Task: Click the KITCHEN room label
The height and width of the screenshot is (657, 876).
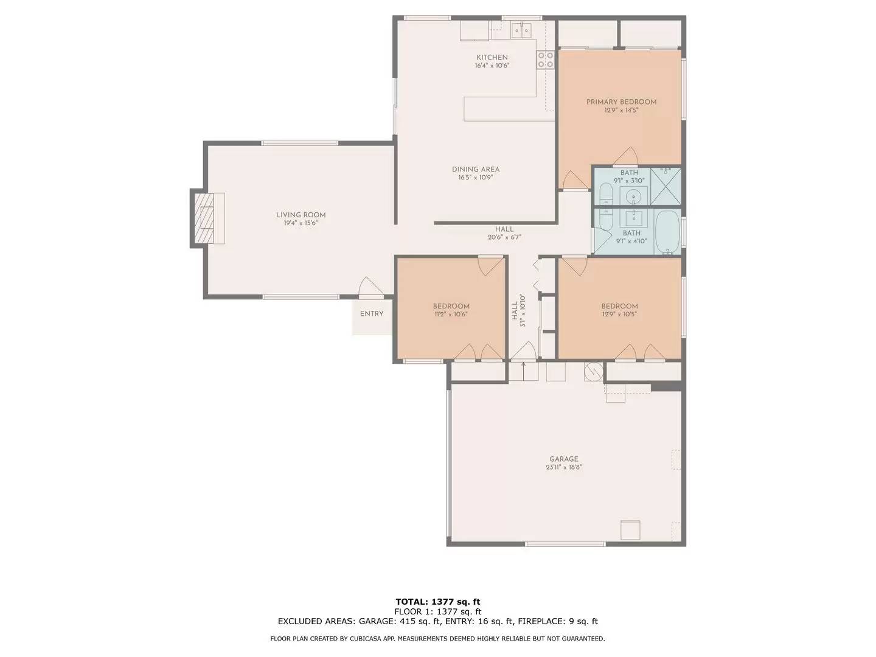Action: [492, 57]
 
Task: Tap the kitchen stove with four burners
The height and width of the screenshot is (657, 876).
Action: [545, 60]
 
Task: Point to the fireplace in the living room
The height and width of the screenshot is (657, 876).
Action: [207, 218]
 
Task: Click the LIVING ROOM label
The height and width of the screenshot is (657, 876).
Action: [301, 215]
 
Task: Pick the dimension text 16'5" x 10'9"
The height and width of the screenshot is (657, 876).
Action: [476, 178]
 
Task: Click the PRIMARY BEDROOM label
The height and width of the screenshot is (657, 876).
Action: [621, 102]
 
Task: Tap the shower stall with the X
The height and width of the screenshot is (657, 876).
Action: [666, 186]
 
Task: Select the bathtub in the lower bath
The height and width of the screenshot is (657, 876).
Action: [668, 232]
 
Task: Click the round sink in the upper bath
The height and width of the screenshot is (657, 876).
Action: [633, 196]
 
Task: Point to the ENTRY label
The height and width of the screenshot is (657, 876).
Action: [372, 314]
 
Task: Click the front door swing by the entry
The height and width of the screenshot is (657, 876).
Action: [371, 287]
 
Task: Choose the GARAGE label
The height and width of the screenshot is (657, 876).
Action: [563, 459]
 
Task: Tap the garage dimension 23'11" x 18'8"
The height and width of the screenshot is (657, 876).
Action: [563, 467]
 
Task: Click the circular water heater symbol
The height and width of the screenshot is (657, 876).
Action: [594, 372]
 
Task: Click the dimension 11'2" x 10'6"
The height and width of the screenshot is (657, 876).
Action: [451, 314]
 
